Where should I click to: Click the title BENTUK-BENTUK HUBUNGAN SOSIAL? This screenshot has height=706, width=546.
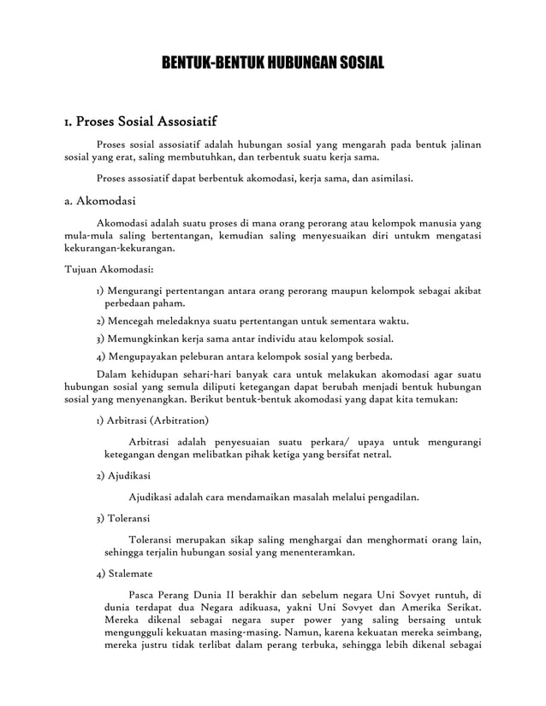point(273,63)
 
